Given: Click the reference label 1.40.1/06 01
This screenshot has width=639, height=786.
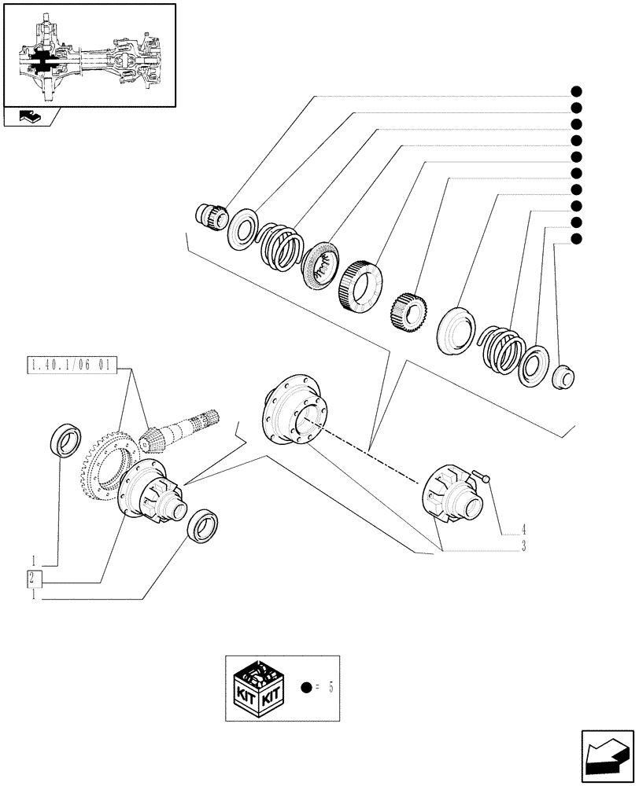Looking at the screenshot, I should pos(71,365).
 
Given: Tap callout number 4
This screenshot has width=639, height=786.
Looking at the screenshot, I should pos(523,529).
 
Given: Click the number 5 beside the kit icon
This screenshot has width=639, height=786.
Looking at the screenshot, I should pos(331,688).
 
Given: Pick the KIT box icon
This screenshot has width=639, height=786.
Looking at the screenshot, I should pos(257,688).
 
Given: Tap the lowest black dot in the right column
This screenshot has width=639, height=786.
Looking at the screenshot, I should pos(576,239).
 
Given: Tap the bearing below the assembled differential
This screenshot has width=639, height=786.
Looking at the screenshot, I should pos(201,525).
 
